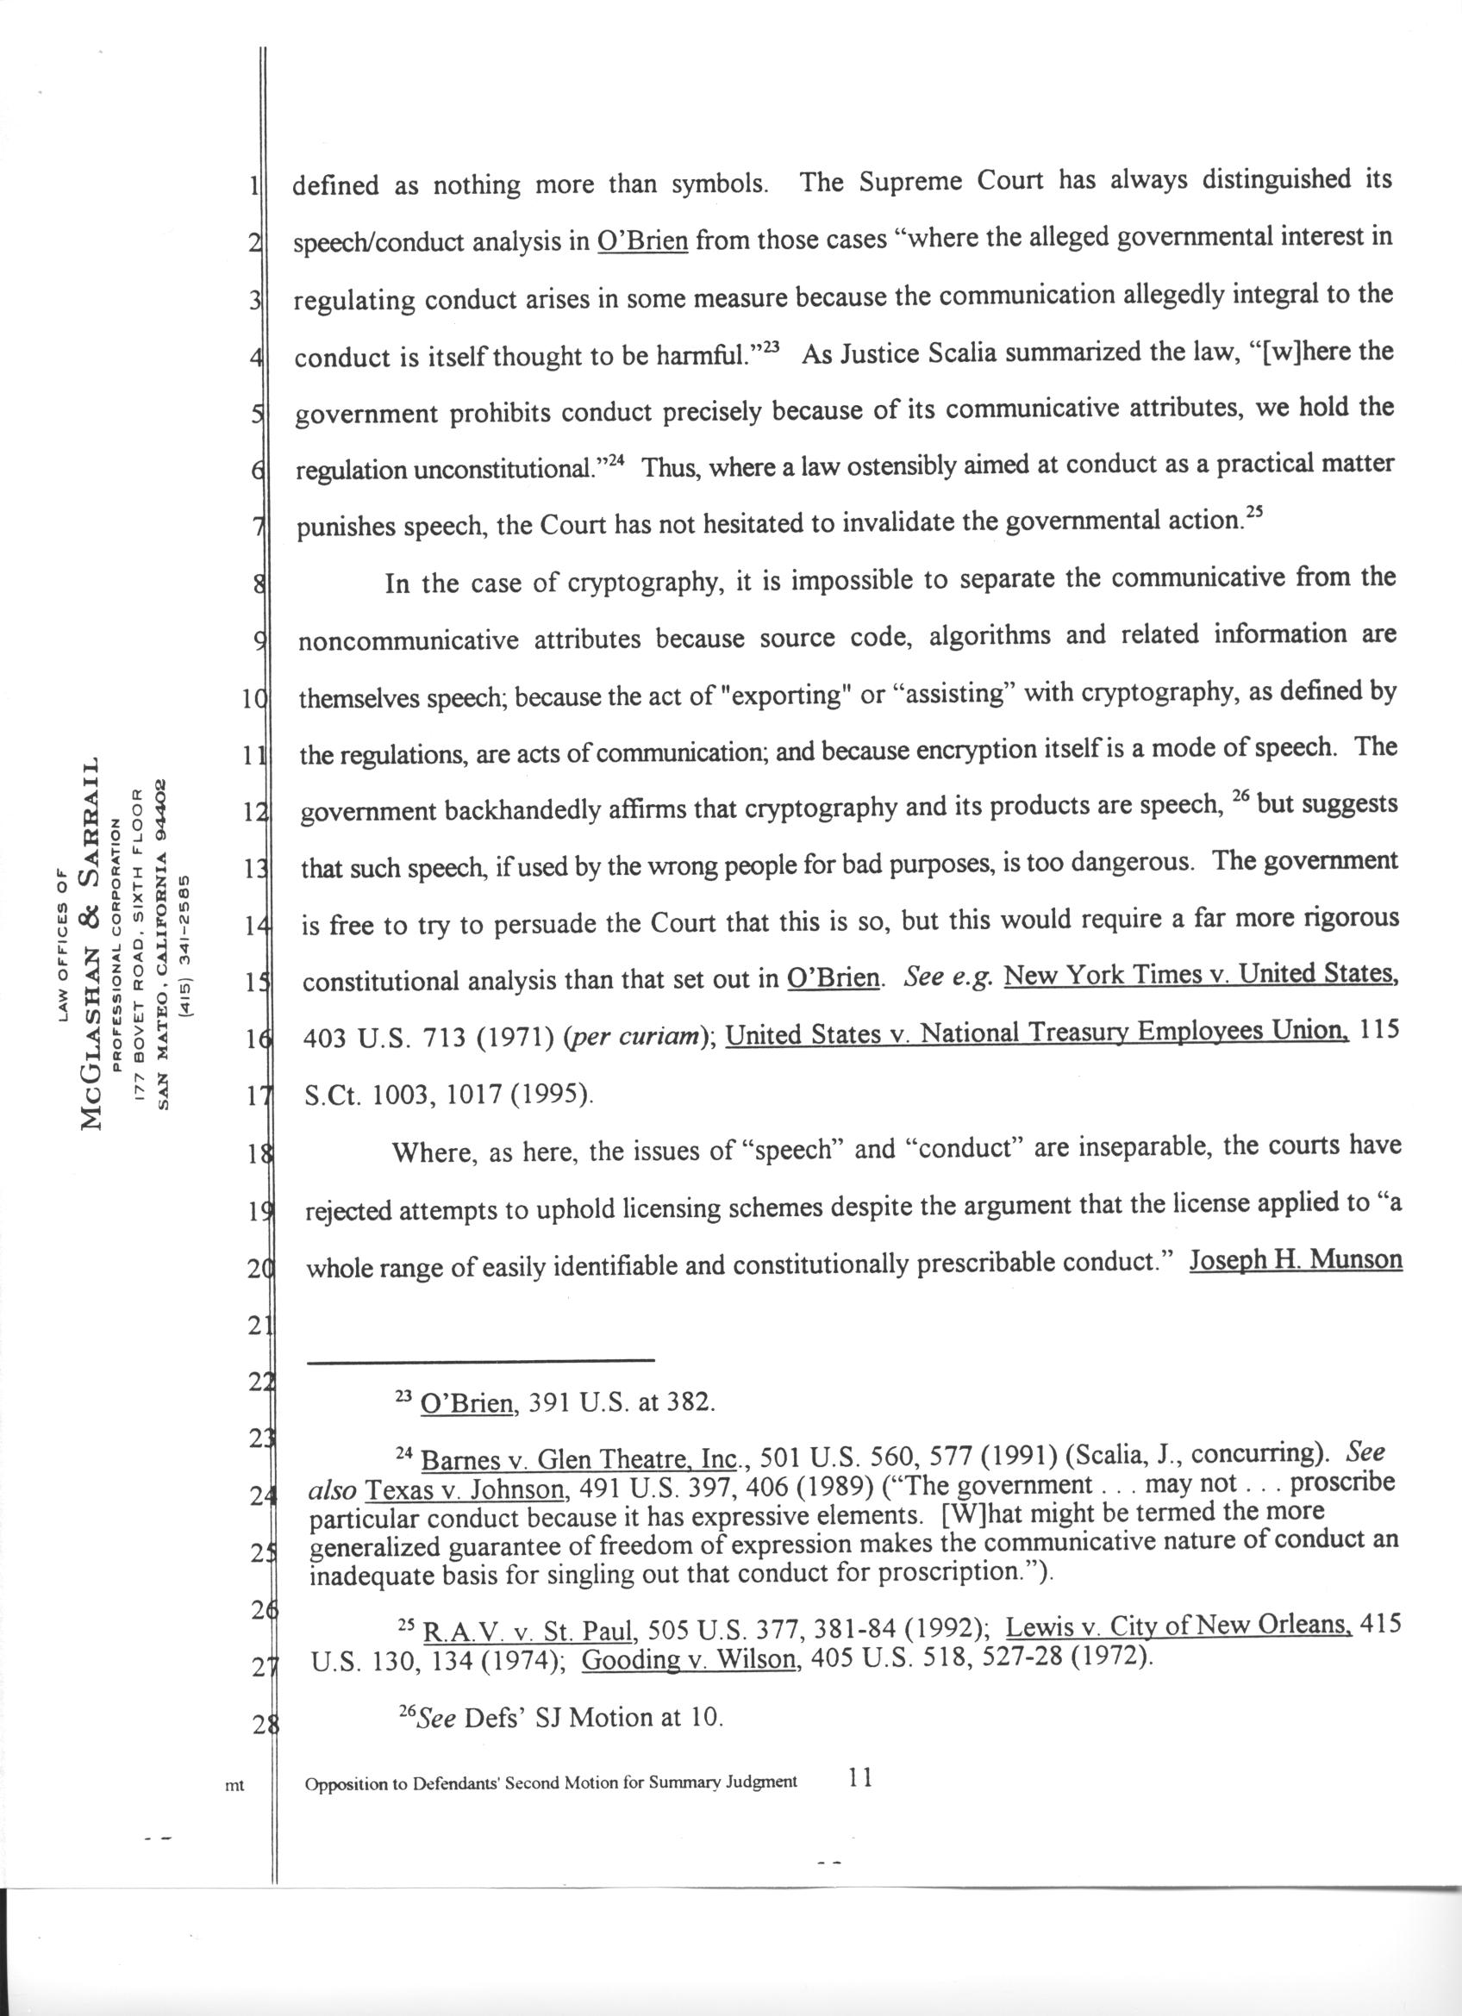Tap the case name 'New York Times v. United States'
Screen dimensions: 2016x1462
click(1198, 976)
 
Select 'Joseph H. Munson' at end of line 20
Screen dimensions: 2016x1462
click(1295, 1261)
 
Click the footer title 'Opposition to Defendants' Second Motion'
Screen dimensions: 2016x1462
click(551, 1782)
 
